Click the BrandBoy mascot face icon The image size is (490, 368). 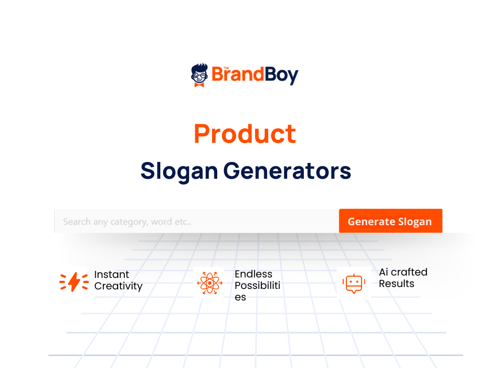[200, 73]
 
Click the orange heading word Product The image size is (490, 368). [245, 134]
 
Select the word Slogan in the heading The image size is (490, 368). [179, 171]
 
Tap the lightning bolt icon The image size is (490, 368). [74, 282]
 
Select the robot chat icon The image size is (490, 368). [354, 283]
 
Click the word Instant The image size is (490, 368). [111, 275]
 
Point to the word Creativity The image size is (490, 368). [118, 286]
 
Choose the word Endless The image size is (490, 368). [253, 274]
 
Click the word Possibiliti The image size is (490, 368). [257, 286]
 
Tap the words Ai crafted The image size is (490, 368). [403, 272]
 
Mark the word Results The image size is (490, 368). [396, 284]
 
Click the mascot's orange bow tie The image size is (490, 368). [199, 84]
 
